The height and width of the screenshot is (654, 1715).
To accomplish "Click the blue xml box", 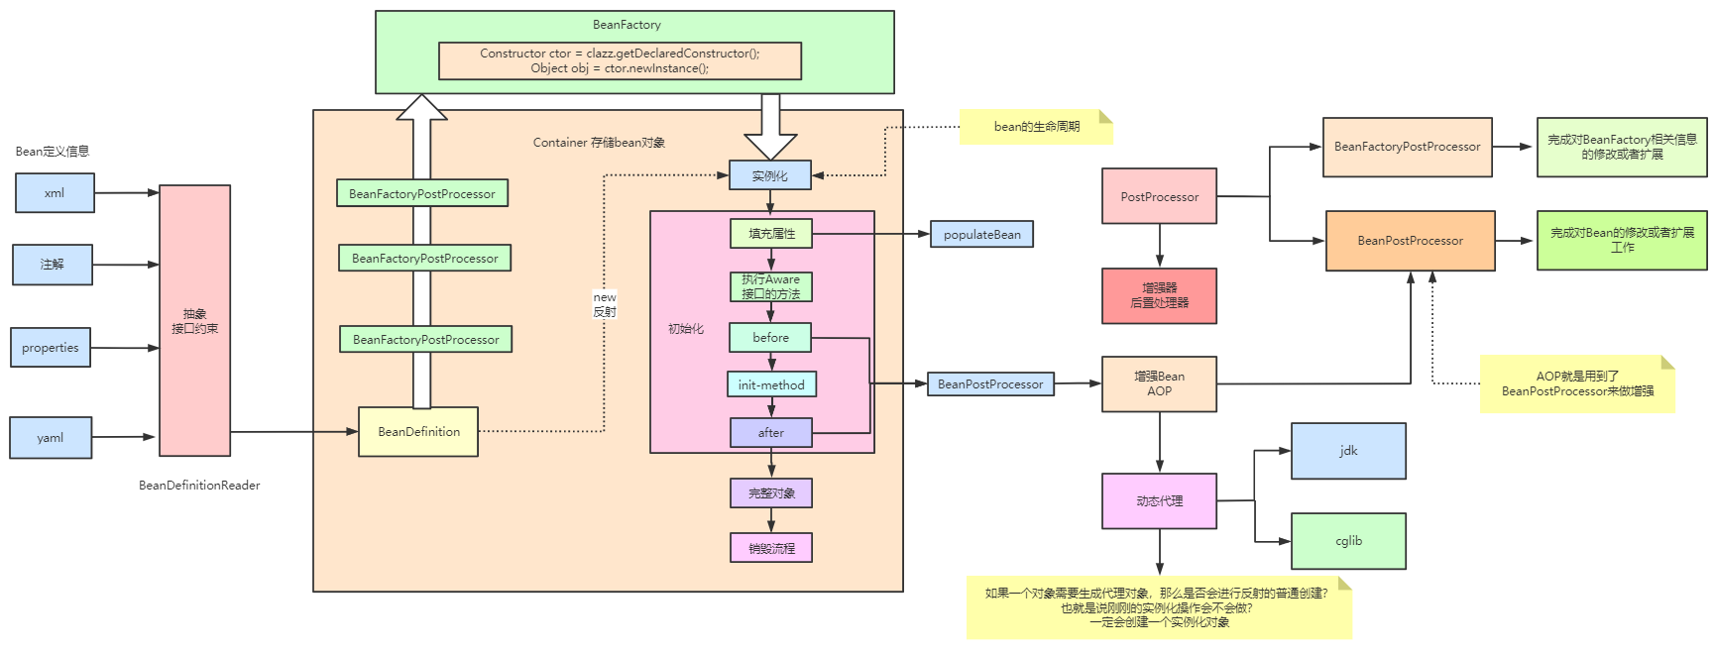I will [x=55, y=193].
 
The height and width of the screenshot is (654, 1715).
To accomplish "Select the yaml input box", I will [x=51, y=437].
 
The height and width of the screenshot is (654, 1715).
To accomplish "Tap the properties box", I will [x=51, y=348].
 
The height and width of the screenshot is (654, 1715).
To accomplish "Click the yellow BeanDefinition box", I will [x=418, y=432].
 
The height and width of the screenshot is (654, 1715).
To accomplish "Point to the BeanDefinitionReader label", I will [x=199, y=486].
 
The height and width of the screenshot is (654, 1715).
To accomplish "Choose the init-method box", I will [x=771, y=384].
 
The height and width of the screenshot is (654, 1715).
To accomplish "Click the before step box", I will [x=770, y=338].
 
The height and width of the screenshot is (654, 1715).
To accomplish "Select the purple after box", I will [x=770, y=433].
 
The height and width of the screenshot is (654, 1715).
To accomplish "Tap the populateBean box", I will [x=981, y=235].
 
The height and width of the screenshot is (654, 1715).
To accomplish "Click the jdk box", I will [x=1348, y=451].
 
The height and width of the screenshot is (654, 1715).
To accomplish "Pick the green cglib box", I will [x=1348, y=541].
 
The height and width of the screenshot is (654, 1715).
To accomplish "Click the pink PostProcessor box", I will [x=1159, y=196].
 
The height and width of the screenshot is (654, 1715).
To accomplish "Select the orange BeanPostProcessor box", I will [x=1410, y=241].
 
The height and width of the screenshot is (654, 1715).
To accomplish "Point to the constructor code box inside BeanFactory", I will [x=620, y=60].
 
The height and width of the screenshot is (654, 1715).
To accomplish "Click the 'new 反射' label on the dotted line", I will [x=605, y=304].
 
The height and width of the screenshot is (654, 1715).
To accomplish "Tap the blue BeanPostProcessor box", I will [x=990, y=384].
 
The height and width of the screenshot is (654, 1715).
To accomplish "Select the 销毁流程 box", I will [x=771, y=548].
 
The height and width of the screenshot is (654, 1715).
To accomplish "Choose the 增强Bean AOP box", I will [x=1159, y=384].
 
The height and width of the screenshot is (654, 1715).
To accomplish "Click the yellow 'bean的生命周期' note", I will [x=1036, y=127].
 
